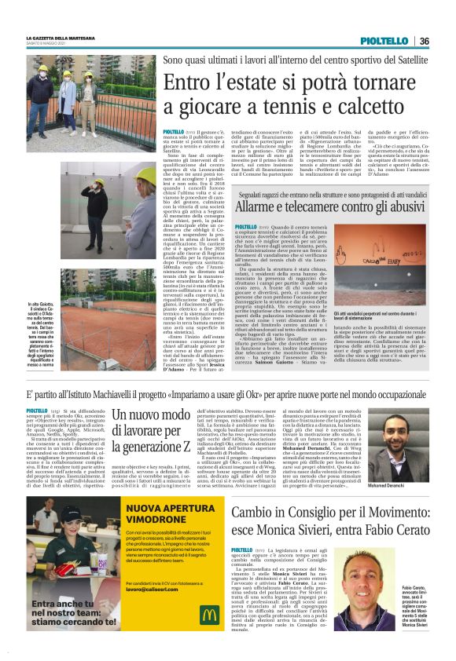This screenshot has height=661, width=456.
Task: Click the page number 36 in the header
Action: (424, 41)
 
